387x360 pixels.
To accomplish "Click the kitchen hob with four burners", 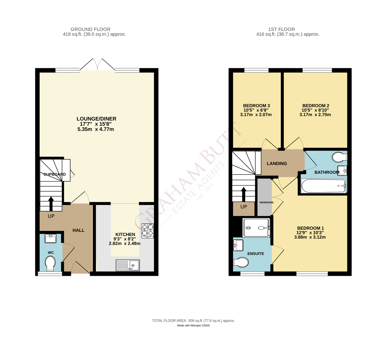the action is pyautogui.click(x=147, y=231).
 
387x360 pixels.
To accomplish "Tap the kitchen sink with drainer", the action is pyautogui.click(x=128, y=265).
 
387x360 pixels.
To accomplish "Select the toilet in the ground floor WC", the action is pyautogui.click(x=50, y=264).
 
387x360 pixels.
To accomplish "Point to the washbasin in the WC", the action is pyautogui.click(x=50, y=238).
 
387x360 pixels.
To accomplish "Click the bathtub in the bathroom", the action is pyautogui.click(x=323, y=186).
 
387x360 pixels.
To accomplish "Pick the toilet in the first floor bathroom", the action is pyautogui.click(x=340, y=157).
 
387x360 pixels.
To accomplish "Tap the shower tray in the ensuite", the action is pyautogui.click(x=256, y=228).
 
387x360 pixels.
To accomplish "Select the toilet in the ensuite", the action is pyautogui.click(x=241, y=262).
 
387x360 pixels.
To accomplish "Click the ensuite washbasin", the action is pyautogui.click(x=238, y=245).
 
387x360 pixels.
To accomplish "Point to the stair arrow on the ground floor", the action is pyautogui.click(x=51, y=204).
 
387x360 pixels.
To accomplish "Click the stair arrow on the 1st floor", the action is pyautogui.click(x=243, y=194).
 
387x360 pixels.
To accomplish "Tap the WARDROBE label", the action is pyautogui.click(x=266, y=203).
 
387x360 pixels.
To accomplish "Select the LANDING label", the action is pyautogui.click(x=277, y=164).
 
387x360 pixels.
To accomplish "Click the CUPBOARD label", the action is pyautogui.click(x=55, y=174).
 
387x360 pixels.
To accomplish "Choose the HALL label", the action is pyautogui.click(x=78, y=230).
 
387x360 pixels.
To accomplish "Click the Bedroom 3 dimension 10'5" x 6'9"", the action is pyautogui.click(x=256, y=110).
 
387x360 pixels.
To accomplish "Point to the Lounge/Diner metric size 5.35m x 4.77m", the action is pyautogui.click(x=96, y=129).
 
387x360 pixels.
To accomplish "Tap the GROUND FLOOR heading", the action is pyautogui.click(x=90, y=29).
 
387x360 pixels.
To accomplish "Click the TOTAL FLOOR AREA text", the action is pyautogui.click(x=193, y=321).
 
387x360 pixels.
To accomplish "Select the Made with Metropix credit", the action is pyautogui.click(x=193, y=325).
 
